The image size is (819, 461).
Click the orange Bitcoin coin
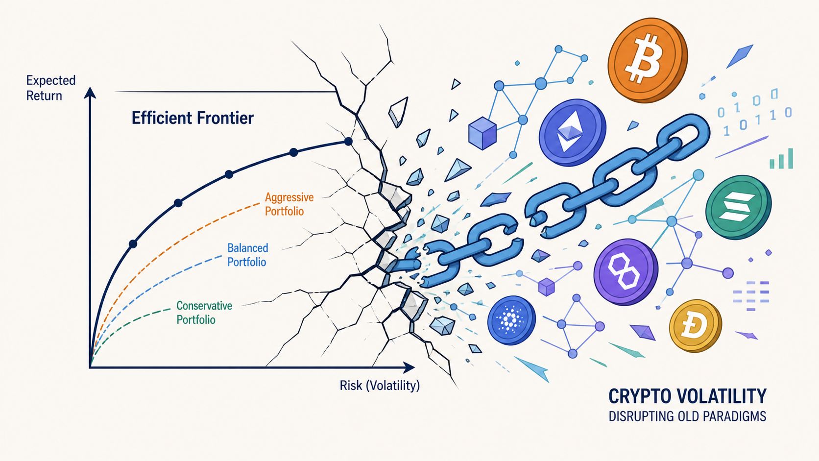(648, 60)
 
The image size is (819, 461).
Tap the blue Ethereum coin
(572, 133)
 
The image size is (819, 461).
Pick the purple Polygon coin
(626, 271)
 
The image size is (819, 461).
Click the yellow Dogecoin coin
(696, 326)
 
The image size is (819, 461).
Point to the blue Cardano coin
(511, 320)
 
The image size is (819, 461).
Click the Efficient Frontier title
(193, 118)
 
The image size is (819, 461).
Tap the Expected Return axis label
(51, 88)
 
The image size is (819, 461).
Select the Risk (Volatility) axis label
(380, 386)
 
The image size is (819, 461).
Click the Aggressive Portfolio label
(289, 204)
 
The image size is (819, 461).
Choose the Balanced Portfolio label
(247, 255)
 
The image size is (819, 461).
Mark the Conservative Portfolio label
(204, 313)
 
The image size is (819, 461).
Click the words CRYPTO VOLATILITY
(687, 396)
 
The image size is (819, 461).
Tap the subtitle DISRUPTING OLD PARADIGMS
(687, 416)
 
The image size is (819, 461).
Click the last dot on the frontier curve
(348, 141)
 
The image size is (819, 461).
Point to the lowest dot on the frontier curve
(133, 244)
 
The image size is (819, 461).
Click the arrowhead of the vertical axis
(90, 93)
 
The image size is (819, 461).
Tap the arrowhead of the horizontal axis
(409, 367)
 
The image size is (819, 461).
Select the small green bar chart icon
(781, 159)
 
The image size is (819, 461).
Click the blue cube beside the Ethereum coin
(482, 133)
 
